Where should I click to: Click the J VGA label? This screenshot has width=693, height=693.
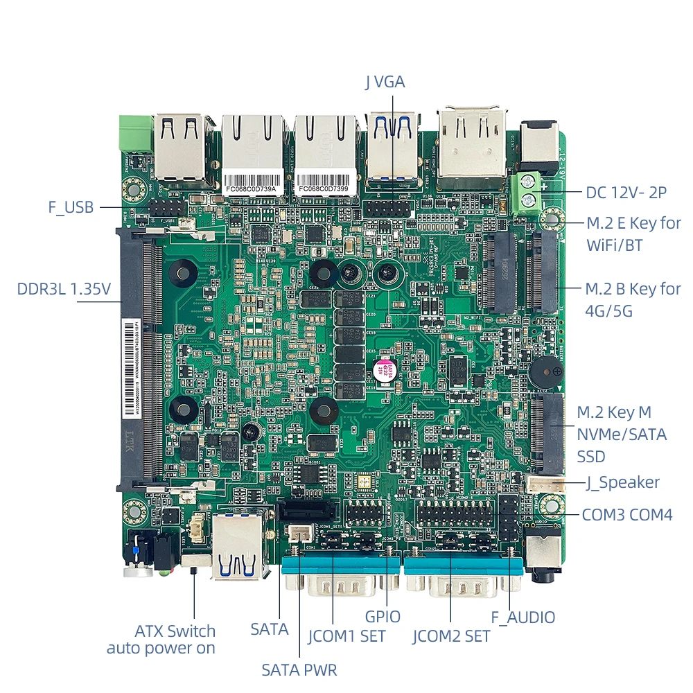click(x=385, y=82)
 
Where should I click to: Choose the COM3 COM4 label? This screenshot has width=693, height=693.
click(x=627, y=515)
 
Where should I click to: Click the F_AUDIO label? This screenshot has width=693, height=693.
click(x=523, y=617)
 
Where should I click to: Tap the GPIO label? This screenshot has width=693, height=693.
click(x=383, y=615)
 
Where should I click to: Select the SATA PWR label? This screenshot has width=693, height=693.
click(x=299, y=669)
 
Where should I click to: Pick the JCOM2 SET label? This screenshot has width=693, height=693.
click(x=451, y=635)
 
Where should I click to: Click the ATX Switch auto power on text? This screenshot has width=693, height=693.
click(x=161, y=640)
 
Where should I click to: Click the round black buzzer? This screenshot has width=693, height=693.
click(x=544, y=374)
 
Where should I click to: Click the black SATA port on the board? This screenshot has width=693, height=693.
click(x=306, y=512)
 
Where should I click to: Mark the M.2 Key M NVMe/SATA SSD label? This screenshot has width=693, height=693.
click(x=622, y=435)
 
